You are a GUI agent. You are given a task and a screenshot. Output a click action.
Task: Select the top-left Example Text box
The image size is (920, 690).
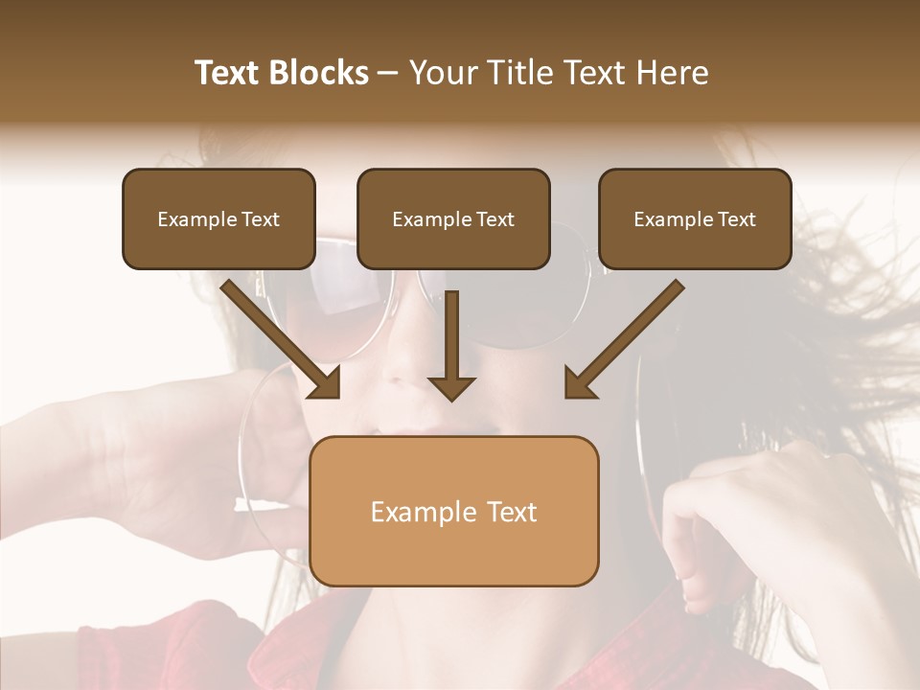click(218, 219)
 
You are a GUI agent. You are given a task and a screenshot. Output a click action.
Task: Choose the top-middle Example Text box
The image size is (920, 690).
click(453, 219)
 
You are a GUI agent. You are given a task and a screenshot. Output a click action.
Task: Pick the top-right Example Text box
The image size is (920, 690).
click(695, 219)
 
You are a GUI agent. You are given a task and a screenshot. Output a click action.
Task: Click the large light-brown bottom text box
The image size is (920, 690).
click(454, 511)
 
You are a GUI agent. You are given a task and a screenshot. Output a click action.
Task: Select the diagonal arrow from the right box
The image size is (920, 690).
click(628, 335)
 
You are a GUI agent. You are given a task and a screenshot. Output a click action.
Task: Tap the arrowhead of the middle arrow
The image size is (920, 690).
click(451, 387)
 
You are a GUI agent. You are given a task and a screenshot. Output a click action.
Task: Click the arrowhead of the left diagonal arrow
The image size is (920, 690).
click(327, 384)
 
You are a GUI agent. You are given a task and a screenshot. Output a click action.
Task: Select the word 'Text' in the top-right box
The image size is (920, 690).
click(737, 219)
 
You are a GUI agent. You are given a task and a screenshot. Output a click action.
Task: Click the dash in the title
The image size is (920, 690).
click(388, 73)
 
